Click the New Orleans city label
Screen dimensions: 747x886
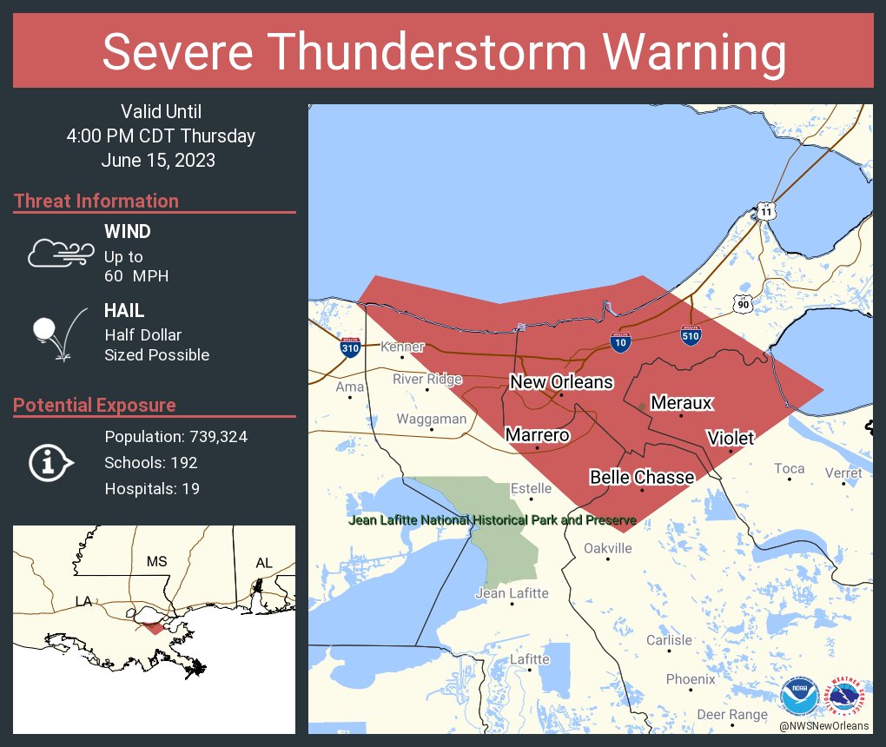click(561, 382)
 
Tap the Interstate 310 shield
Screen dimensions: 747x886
click(350, 347)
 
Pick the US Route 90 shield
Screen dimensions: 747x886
click(741, 303)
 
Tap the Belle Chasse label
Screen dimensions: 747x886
click(642, 477)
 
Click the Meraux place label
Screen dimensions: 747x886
click(681, 403)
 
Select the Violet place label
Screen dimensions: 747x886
click(730, 438)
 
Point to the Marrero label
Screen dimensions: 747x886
click(537, 434)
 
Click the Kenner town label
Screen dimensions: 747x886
click(403, 347)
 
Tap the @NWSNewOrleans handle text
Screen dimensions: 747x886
click(823, 726)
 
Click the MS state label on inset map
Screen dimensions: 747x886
click(156, 561)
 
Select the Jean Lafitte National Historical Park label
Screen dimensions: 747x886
click(492, 520)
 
